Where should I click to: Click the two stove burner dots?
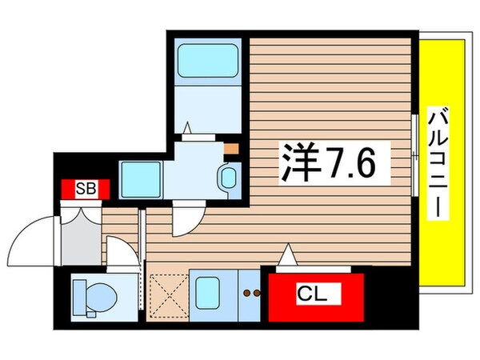pos(253,294)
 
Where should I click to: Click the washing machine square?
pos(141,174)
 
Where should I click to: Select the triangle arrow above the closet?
pos(288,257)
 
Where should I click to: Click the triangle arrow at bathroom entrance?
pos(188,126)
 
